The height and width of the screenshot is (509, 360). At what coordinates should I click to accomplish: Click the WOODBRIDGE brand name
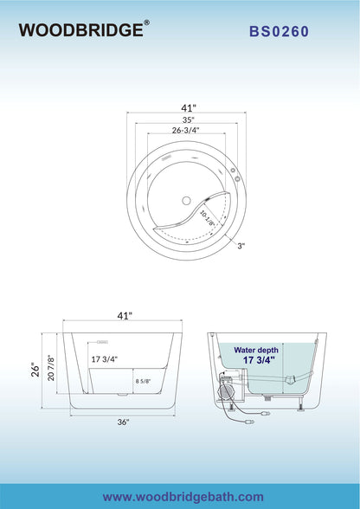[81, 30]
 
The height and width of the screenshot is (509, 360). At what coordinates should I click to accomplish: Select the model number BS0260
[280, 31]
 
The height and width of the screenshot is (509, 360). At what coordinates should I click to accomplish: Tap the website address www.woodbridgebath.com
[183, 497]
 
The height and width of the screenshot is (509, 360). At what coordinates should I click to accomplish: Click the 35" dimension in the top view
[188, 119]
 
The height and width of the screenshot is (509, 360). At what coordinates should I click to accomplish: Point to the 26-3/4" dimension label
[185, 130]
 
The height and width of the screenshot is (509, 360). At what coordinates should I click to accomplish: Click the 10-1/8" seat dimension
[207, 218]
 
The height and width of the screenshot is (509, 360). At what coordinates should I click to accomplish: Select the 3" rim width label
[241, 246]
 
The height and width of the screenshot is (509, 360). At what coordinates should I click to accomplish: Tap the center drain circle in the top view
[186, 201]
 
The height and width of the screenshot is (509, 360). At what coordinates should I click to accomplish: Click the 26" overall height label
[35, 370]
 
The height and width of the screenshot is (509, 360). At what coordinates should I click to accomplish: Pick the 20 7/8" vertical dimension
[51, 368]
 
